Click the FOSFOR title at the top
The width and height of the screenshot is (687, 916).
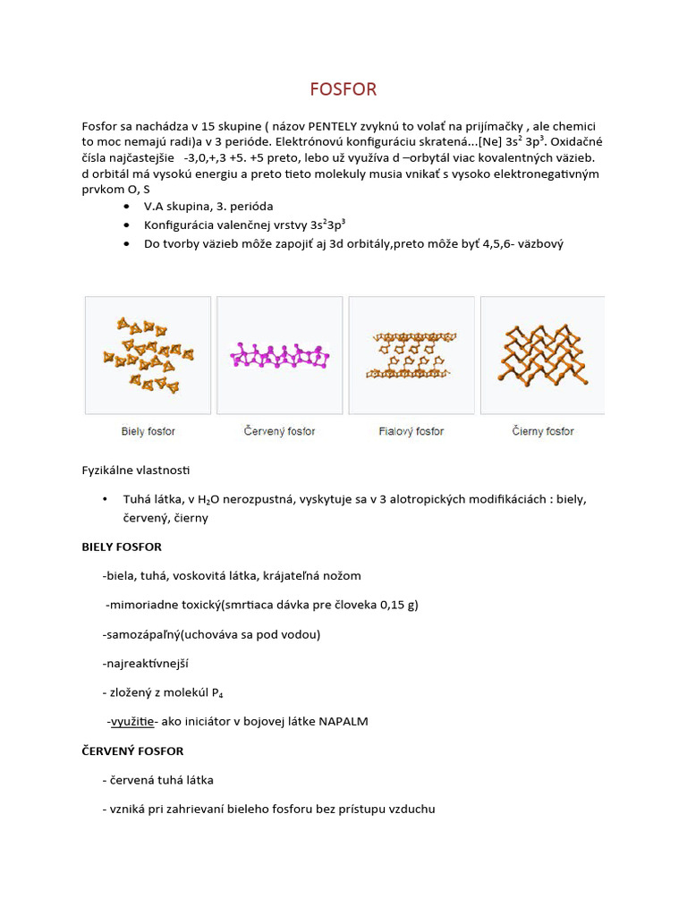pyautogui.click(x=343, y=89)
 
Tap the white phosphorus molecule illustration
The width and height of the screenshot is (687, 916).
pyautogui.click(x=148, y=354)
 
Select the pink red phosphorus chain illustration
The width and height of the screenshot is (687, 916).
pyautogui.click(x=280, y=355)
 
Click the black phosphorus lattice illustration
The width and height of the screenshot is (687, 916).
pyautogui.click(x=542, y=355)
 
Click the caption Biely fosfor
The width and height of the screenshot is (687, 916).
pyautogui.click(x=148, y=431)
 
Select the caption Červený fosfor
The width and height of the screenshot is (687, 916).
pyautogui.click(x=280, y=431)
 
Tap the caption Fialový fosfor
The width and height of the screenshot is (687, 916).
pyautogui.click(x=411, y=431)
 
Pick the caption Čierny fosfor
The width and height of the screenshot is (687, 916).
pyautogui.click(x=543, y=431)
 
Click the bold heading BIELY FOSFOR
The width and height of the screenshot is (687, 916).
pyautogui.click(x=122, y=547)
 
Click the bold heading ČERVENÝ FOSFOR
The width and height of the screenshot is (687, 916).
pyautogui.click(x=132, y=751)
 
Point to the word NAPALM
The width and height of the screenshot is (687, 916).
pyautogui.click(x=343, y=721)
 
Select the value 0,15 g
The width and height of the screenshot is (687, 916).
pyautogui.click(x=398, y=605)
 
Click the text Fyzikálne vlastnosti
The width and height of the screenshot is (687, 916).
pyautogui.click(x=136, y=470)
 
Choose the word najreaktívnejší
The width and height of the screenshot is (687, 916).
pyautogui.click(x=147, y=663)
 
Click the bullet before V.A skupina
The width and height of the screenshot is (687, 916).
pyautogui.click(x=124, y=207)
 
